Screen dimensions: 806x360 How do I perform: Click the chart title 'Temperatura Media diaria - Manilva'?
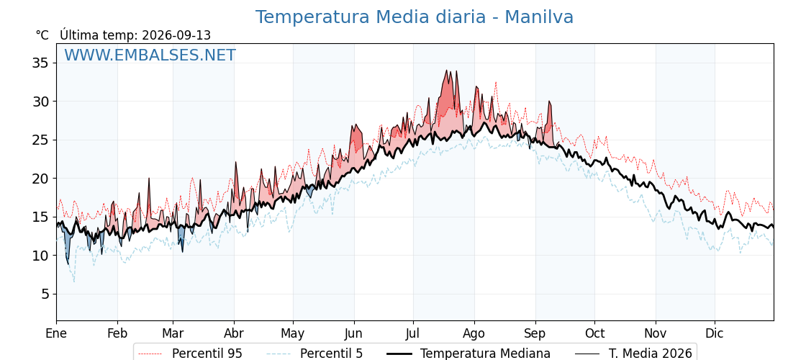(415, 17)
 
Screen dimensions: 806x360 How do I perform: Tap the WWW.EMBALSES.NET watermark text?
(150, 55)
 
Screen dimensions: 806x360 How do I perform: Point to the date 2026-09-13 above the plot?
(176, 35)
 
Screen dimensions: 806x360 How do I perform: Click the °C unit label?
(42, 35)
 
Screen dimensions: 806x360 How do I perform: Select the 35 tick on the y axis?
(40, 63)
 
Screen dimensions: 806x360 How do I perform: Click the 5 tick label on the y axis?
(45, 294)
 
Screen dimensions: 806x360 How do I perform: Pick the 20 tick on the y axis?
(40, 179)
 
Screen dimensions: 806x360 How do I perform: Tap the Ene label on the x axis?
(56, 333)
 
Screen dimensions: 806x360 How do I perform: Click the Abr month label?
(234, 333)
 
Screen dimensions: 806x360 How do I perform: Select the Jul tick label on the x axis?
(413, 333)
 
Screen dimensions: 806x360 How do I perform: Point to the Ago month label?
(474, 334)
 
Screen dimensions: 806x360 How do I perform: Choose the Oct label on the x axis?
(594, 333)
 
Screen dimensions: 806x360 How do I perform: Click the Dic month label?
(715, 333)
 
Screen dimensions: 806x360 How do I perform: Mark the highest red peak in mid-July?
(446, 71)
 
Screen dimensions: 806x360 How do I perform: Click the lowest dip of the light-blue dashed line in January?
(74, 282)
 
